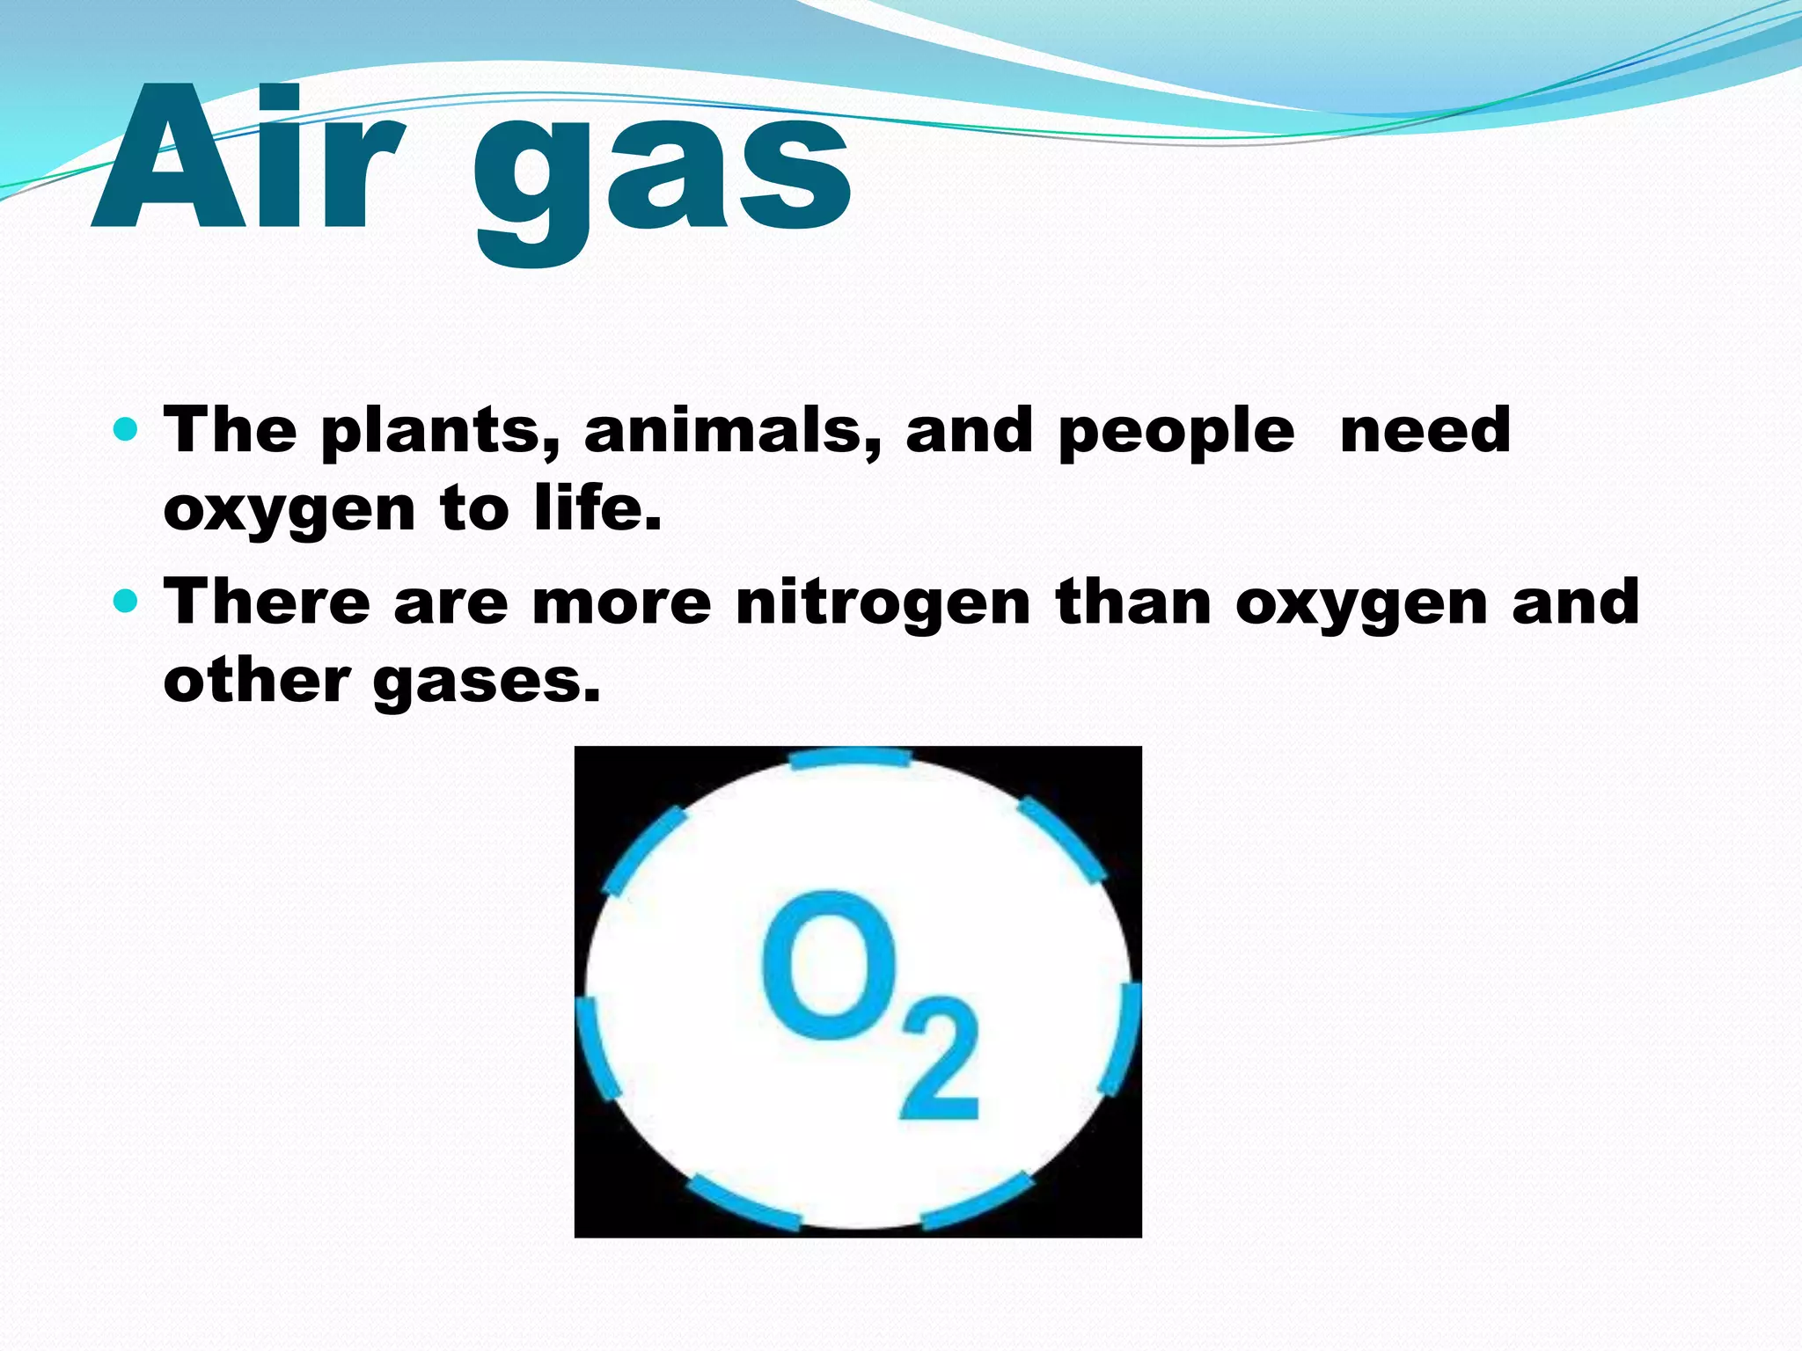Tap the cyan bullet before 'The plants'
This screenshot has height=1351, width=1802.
point(127,430)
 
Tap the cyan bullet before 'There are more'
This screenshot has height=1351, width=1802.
point(127,602)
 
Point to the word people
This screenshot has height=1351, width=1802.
point(1176,432)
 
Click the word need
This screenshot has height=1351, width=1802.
point(1425,430)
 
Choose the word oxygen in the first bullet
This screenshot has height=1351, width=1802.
point(289,511)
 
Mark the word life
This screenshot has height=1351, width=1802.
point(597,508)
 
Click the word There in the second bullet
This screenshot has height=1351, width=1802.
point(267,602)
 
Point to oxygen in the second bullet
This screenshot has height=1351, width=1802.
point(1361,604)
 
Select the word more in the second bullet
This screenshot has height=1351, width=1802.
point(621,603)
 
